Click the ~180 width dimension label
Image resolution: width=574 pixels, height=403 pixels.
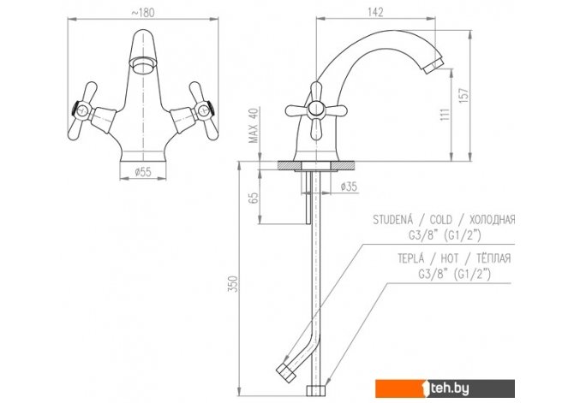tap(143, 13)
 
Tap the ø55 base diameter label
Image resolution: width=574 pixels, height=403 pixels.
tap(143, 172)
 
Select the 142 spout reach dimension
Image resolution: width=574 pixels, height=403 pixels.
tap(375, 12)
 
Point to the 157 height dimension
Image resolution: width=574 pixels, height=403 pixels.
tap(463, 96)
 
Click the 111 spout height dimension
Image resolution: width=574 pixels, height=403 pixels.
tap(445, 115)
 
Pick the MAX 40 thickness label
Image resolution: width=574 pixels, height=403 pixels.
tap(254, 125)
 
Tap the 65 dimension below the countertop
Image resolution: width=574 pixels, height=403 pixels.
tap(254, 198)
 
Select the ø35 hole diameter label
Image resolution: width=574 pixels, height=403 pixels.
tap(349, 187)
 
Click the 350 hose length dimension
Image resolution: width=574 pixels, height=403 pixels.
tap(233, 283)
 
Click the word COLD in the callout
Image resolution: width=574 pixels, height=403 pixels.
tap(440, 220)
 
